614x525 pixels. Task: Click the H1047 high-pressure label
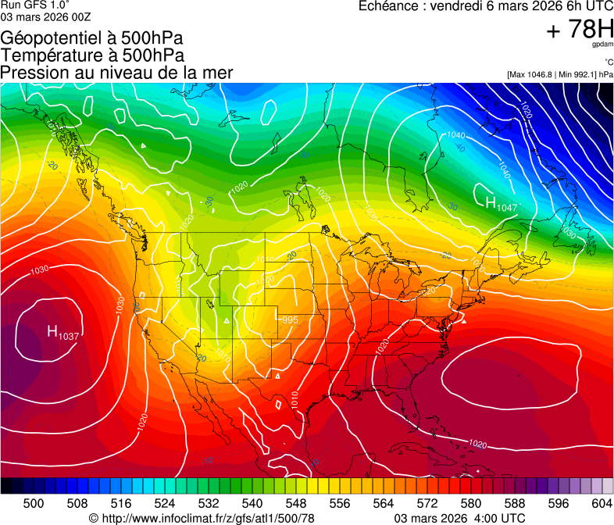click(x=502, y=205)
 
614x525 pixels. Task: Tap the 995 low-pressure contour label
click(x=290, y=320)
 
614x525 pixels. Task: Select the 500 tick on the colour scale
click(x=34, y=502)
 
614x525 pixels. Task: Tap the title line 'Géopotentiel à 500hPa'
click(x=93, y=38)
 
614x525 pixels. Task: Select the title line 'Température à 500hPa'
click(x=92, y=55)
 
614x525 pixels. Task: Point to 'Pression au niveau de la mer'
click(x=116, y=73)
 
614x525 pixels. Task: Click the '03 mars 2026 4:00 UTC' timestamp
click(x=459, y=518)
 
